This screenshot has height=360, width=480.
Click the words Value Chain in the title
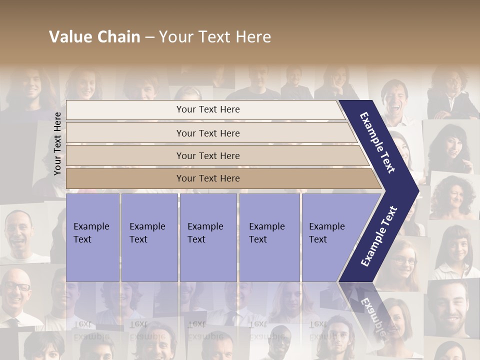coord(94,37)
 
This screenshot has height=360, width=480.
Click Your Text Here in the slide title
coord(215,37)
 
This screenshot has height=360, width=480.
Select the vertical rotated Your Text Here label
coord(57,143)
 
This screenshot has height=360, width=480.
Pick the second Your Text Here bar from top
coord(208,133)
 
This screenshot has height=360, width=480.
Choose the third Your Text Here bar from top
coord(208,155)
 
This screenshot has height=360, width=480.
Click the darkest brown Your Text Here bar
coord(208,178)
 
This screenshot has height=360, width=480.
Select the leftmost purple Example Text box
coord(92,237)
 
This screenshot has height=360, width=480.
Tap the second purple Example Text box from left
coord(149,237)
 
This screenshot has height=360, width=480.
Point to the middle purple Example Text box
coord(208,237)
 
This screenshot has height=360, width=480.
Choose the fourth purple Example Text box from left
coord(269,237)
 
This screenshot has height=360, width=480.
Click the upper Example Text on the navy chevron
coord(378,142)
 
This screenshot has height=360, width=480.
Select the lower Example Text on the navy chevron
coord(378,236)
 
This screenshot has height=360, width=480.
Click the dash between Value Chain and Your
coord(149,37)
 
